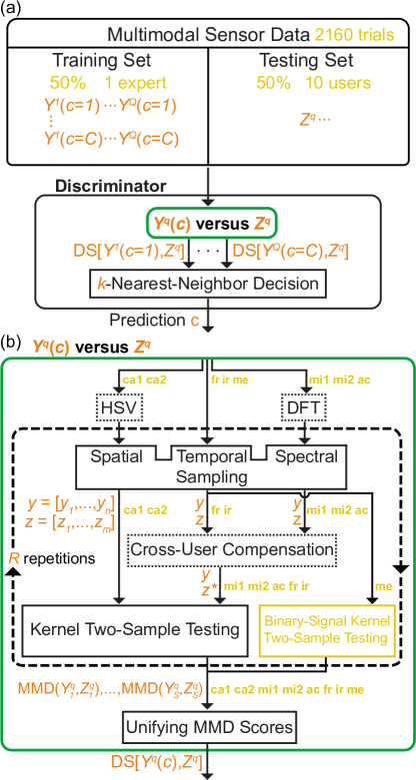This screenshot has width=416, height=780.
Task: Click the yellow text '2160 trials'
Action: (353, 34)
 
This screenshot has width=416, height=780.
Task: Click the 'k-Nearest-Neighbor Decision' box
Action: (207, 285)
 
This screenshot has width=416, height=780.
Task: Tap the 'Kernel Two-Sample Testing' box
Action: (135, 630)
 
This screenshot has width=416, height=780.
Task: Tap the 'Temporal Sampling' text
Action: (211, 466)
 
